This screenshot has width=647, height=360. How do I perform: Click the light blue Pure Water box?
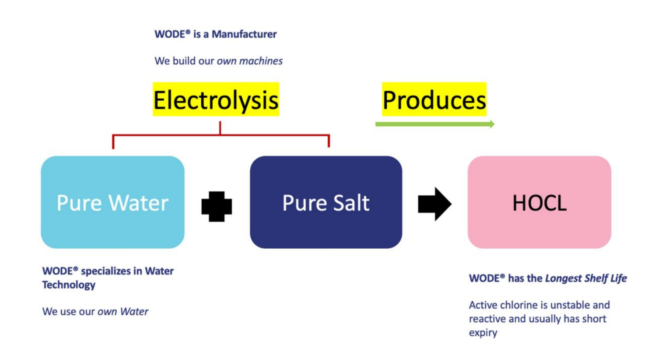pos(113,202)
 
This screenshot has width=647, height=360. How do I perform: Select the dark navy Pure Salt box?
pos(326,202)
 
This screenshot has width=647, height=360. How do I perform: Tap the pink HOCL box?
pos(539,202)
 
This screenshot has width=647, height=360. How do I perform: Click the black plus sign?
pos(217,206)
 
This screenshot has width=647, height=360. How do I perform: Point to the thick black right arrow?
pos(435,204)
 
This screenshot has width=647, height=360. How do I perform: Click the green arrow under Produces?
pos(435,124)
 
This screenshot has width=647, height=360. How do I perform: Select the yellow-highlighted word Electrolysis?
pos(216,99)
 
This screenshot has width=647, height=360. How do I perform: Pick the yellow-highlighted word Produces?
pos(434,99)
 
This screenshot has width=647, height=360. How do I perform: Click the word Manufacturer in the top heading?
pos(244,34)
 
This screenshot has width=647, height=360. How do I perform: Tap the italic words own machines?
pos(250,61)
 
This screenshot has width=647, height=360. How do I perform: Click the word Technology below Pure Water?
pos(69,285)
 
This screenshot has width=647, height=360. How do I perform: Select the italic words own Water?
pos(123,311)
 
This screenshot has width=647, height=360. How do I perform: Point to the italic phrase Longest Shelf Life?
pos(586,278)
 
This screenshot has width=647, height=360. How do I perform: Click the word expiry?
pos(483,333)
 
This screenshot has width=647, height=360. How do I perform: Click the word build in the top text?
pos(184,61)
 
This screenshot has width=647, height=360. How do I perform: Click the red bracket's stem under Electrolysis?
pos(220,128)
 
